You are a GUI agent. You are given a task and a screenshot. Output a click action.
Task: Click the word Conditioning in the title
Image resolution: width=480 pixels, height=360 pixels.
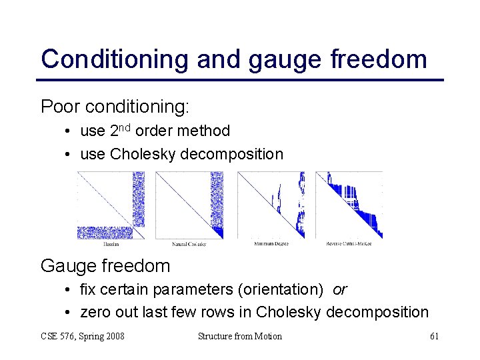tap(115, 59)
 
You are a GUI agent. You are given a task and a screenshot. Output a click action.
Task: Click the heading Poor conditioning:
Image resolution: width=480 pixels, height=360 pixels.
tap(115, 107)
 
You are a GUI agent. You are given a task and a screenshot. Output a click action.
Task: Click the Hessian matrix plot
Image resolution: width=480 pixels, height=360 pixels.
tap(111, 205)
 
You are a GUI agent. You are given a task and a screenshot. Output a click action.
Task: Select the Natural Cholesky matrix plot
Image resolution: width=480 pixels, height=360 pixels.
tap(189, 205)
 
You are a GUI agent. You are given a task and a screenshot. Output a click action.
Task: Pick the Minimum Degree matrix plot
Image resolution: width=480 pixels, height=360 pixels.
tap(271, 205)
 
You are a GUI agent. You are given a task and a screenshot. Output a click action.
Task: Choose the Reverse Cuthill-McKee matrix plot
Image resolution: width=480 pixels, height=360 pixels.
tap(349, 205)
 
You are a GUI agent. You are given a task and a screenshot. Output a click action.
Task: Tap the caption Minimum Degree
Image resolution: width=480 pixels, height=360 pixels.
tap(271, 243)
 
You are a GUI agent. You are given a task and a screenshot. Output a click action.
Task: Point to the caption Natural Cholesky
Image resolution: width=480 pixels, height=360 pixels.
tap(189, 244)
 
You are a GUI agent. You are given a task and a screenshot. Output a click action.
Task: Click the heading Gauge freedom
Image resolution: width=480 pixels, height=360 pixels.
tap(105, 266)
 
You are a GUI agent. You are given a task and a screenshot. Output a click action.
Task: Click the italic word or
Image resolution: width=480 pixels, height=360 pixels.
tap(339, 290)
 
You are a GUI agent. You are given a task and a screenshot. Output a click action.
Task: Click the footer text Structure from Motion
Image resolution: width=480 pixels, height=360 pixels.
tap(240, 336)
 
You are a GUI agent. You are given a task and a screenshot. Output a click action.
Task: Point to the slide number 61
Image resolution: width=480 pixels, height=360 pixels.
tap(434, 336)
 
